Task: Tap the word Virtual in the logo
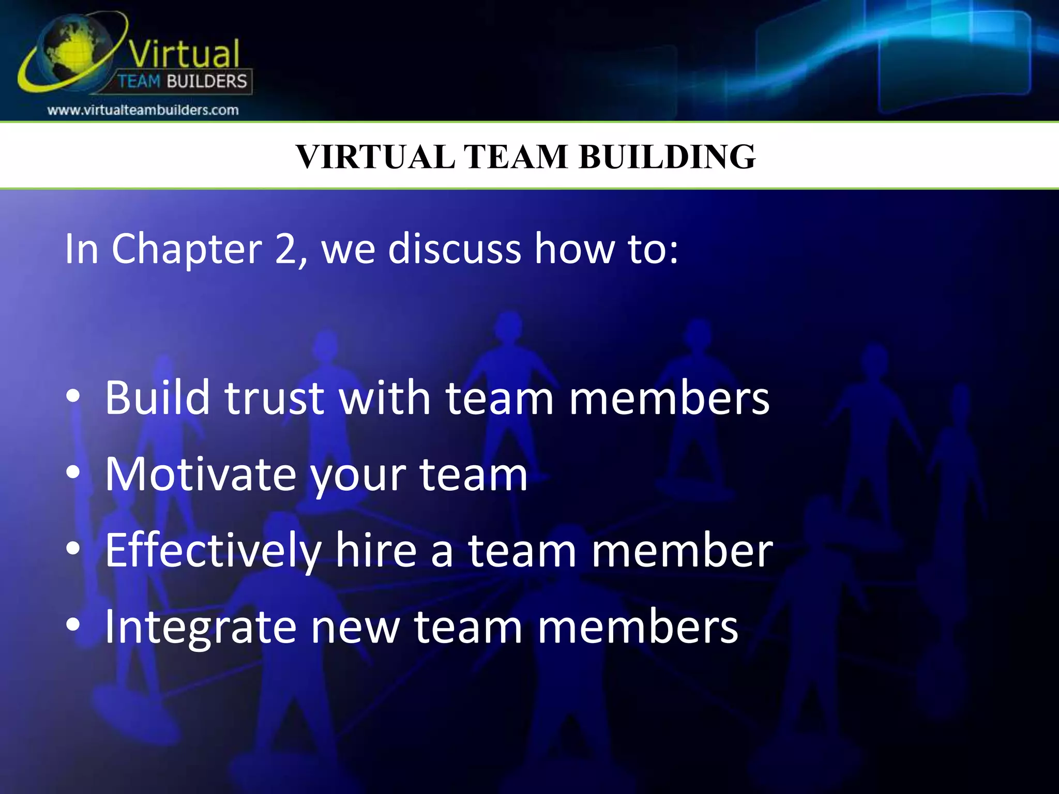[184, 53]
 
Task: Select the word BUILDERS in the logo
[207, 82]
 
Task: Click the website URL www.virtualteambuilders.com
[143, 110]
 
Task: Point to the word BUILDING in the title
[667, 156]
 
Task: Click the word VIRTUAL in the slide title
[375, 156]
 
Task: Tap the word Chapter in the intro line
[187, 250]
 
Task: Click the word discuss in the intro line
[455, 249]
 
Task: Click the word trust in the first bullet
[275, 398]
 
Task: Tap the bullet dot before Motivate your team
[73, 472]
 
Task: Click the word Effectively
[213, 551]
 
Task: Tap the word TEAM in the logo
[139, 82]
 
